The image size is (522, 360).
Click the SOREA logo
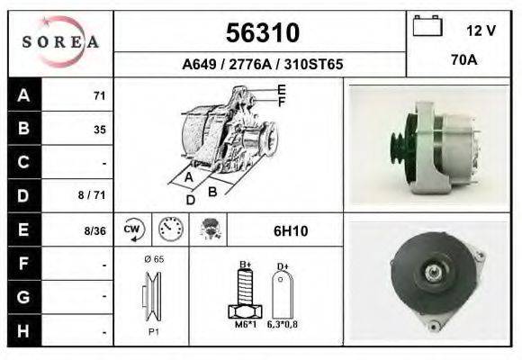(x=60, y=42)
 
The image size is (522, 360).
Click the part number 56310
(x=261, y=32)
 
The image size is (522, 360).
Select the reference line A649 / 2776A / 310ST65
(x=261, y=65)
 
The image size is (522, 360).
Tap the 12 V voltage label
(x=481, y=31)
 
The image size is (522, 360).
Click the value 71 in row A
(x=99, y=96)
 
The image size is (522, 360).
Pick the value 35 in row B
(x=99, y=130)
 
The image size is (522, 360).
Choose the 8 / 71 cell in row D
(x=94, y=193)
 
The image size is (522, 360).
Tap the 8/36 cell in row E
(x=94, y=230)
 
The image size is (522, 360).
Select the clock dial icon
(x=169, y=229)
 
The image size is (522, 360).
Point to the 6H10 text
(x=290, y=231)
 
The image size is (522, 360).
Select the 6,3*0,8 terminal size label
(x=282, y=324)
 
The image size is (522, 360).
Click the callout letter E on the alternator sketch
(x=282, y=89)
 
